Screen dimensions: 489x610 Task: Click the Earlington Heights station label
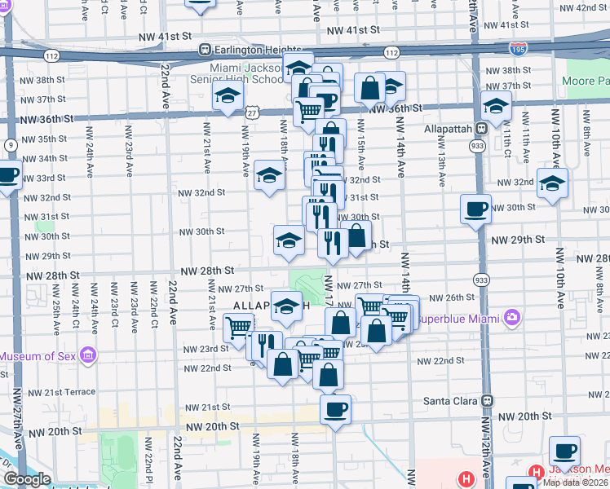[x=258, y=49]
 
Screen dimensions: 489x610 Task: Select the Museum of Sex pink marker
[x=88, y=355]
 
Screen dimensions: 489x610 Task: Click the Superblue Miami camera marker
[x=512, y=315]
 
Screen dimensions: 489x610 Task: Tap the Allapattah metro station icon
[x=481, y=128]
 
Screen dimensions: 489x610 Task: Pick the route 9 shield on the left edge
[x=11, y=145]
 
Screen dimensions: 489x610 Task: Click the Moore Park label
[x=585, y=82]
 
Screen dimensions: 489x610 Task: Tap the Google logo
[x=26, y=480]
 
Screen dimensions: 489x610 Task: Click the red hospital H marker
[x=466, y=478]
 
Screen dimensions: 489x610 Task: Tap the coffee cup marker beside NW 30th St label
[x=475, y=209]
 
